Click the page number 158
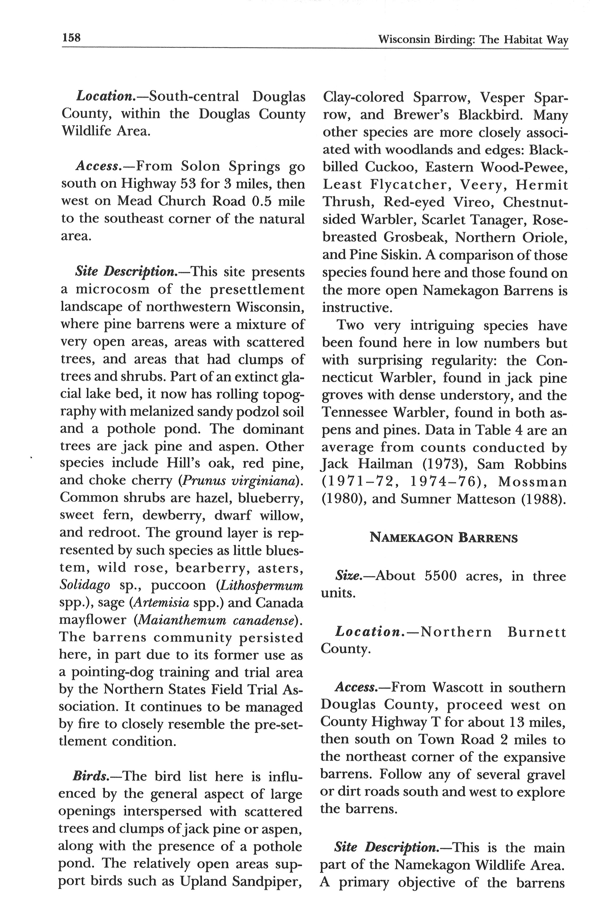click(x=71, y=38)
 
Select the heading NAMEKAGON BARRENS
click(x=443, y=538)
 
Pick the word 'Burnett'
click(x=536, y=632)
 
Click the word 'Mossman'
click(x=533, y=482)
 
